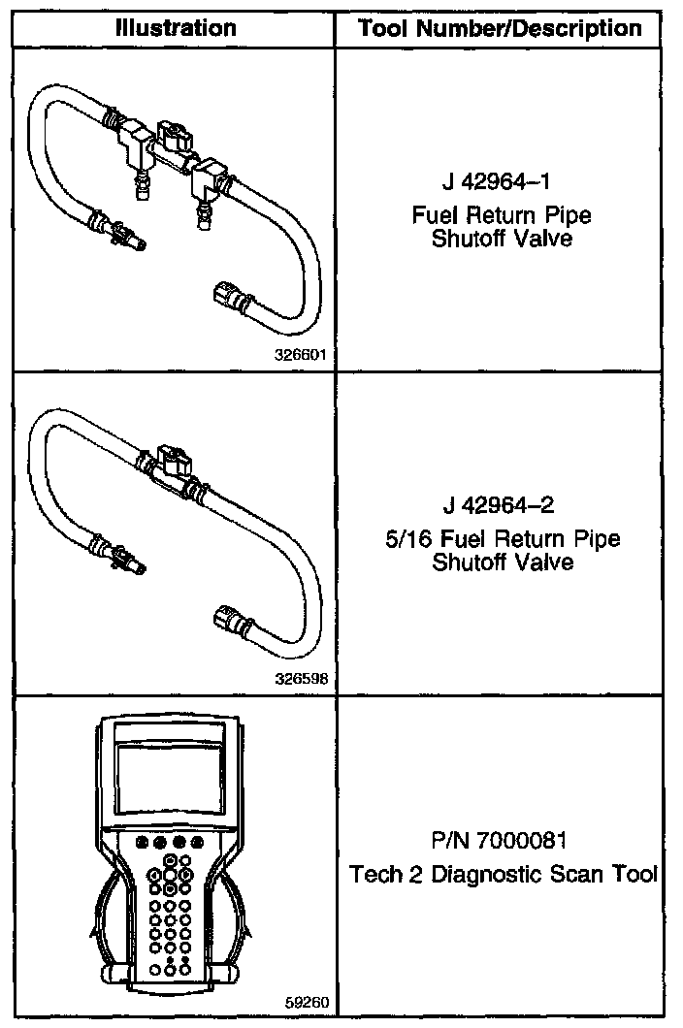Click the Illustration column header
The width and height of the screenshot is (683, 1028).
pos(175,28)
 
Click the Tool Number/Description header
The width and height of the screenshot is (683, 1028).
pos(501,28)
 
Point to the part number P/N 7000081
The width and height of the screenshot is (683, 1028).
pos(501,839)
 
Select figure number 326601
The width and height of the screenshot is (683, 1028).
pos(301,355)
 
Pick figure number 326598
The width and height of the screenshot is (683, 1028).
pos(301,679)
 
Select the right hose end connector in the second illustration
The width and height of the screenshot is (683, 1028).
pos(226,616)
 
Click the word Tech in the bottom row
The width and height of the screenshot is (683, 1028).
pos(373,874)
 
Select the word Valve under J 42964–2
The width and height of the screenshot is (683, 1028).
pos(546,562)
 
